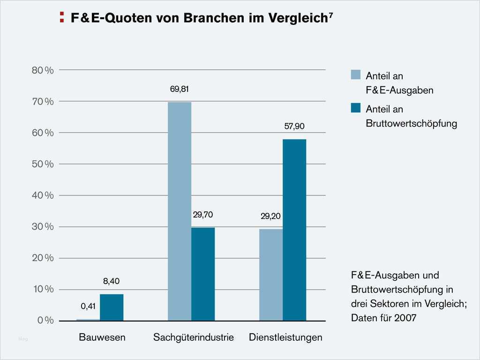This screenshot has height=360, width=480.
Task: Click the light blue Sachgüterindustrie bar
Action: pos(180,211)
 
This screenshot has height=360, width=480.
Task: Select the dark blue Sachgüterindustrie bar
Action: pos(203,274)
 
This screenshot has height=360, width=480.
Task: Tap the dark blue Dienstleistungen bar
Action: pos(294,230)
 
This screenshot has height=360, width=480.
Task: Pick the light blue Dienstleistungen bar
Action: pos(271,275)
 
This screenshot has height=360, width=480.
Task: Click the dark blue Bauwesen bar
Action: pos(112,307)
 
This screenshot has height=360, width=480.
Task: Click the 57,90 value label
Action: pos(294,126)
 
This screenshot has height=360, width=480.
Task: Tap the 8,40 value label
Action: pos(112,281)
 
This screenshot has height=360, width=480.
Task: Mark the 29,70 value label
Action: pos(202,215)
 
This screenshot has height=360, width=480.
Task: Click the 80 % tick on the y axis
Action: pos(43,70)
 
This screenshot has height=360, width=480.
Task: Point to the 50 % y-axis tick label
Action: pos(43,164)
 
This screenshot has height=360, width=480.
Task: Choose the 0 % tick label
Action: pos(45,321)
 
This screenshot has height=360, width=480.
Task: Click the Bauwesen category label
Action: pos(102,337)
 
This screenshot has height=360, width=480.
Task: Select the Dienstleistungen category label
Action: pos(285,337)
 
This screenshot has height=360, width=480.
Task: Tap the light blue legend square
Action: pos(356,75)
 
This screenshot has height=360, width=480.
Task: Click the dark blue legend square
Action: pos(356,108)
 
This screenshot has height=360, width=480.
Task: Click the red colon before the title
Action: pos(62,18)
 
